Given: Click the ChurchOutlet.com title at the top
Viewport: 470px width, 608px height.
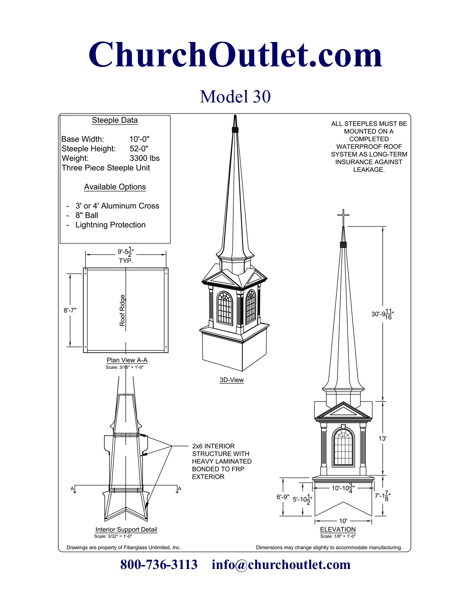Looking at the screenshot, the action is click(235, 54).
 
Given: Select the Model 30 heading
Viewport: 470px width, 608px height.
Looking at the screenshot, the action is click(235, 97).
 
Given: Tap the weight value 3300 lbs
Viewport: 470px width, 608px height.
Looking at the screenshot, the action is click(145, 158).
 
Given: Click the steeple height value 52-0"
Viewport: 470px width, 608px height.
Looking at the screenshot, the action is click(139, 148).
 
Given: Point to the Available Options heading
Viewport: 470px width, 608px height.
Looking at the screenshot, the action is click(115, 186).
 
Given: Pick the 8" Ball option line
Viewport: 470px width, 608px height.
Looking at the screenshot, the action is click(87, 215).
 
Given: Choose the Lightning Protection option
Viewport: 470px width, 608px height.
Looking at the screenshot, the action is click(110, 225).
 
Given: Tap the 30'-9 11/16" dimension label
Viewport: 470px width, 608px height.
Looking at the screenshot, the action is click(383, 314).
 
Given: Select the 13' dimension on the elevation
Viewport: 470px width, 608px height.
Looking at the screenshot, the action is click(382, 438).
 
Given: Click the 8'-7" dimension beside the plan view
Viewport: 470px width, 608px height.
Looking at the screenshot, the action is click(70, 310).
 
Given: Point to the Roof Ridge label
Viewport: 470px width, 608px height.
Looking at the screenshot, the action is click(122, 310).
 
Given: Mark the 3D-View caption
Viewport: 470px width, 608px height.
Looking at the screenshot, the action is click(231, 380).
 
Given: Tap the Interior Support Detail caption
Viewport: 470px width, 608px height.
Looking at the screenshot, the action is click(126, 530).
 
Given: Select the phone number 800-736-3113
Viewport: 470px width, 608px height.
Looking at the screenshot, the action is click(159, 565).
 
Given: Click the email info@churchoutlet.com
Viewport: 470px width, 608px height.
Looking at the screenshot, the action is click(281, 565).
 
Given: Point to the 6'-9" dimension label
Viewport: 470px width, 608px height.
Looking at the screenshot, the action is click(283, 497).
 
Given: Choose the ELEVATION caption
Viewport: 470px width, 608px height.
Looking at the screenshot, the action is click(338, 530).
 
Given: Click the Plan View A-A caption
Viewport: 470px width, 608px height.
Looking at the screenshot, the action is click(127, 360).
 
